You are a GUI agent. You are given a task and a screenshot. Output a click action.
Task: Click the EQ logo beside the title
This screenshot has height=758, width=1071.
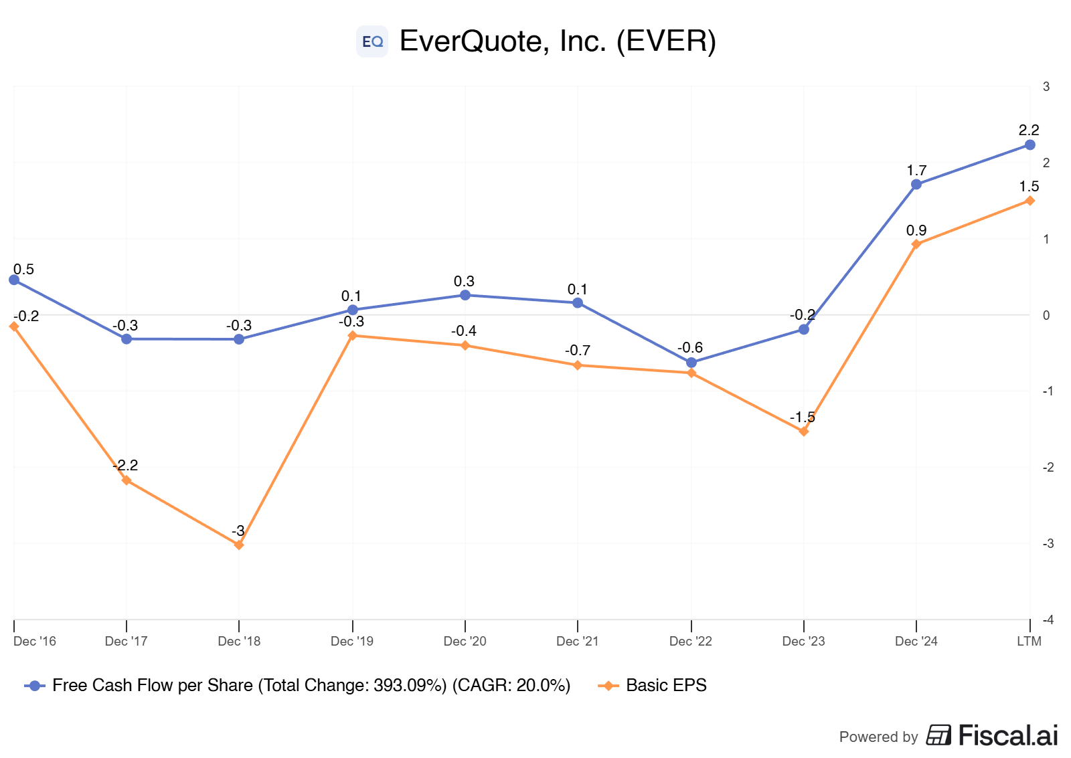[x=372, y=41]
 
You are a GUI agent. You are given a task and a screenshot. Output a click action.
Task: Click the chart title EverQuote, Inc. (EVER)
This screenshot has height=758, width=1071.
[x=558, y=41]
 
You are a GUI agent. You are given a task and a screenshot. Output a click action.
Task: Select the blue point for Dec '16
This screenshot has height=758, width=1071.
[x=14, y=280]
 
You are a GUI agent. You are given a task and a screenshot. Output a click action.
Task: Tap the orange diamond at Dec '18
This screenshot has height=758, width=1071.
[x=239, y=545]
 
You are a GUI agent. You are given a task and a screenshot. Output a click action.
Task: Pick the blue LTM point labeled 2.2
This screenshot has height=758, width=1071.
[x=1030, y=145]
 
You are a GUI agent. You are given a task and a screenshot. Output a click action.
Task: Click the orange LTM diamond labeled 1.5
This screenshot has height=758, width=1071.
[x=1030, y=201]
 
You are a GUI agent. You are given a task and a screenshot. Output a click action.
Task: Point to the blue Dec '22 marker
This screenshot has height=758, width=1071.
[x=691, y=363]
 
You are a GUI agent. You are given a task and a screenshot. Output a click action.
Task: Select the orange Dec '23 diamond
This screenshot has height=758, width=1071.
[x=804, y=431]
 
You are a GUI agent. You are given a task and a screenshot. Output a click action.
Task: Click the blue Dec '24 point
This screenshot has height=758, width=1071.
[x=916, y=185]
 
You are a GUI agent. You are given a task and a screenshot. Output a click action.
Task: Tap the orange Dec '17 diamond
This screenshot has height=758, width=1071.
[x=127, y=480]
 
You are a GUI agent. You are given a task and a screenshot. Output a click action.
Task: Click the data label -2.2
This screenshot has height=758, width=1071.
[x=125, y=465]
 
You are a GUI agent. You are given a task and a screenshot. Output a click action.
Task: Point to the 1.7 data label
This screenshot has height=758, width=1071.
[x=916, y=170]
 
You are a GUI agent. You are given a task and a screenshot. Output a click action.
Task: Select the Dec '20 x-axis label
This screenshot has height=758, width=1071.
[x=465, y=642]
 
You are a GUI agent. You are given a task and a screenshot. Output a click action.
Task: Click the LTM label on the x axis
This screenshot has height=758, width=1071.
[x=1028, y=642]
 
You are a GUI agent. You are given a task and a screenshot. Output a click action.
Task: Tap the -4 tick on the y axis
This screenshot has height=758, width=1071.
[x=1048, y=620]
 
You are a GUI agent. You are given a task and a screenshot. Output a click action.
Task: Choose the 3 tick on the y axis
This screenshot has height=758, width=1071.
[x=1046, y=86]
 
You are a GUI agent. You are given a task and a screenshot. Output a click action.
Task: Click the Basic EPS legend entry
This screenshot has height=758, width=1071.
[x=652, y=685]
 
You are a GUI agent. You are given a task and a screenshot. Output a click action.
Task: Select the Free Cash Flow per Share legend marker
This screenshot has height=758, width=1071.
[x=34, y=686]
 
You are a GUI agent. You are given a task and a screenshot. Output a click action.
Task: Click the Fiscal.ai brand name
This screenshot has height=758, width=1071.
[x=1008, y=735]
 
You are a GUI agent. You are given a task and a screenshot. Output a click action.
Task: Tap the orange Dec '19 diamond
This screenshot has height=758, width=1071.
[x=352, y=335]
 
